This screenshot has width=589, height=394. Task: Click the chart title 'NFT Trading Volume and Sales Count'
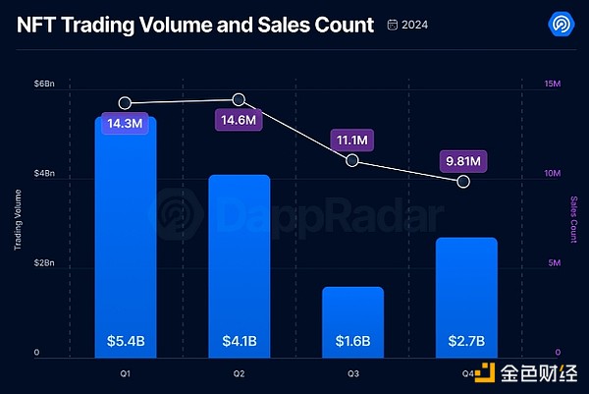[x=195, y=24]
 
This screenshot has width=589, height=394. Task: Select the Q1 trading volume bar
[x=125, y=236]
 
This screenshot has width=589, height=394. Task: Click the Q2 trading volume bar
[x=239, y=265]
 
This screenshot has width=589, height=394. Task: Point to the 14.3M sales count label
[x=125, y=124]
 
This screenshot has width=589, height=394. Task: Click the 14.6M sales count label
[x=239, y=120]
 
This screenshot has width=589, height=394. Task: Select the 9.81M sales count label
[x=463, y=161]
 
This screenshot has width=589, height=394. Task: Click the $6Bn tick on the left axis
[x=44, y=85]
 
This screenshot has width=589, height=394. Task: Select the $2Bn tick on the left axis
[x=44, y=263]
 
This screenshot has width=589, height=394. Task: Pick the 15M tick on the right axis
[x=552, y=85]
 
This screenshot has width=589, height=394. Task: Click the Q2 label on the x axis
[x=239, y=374]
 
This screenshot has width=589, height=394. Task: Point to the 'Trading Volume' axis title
[x=18, y=222]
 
